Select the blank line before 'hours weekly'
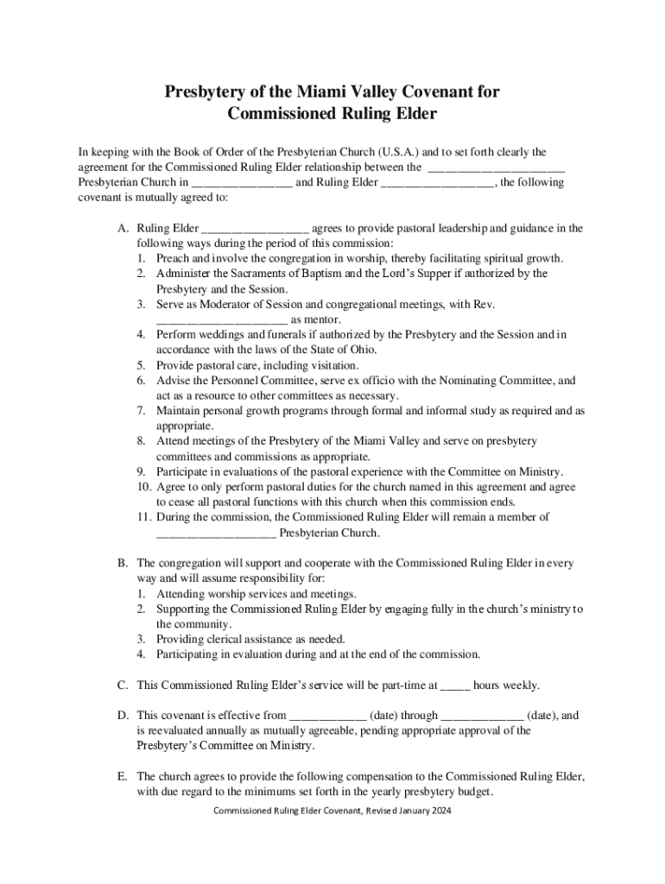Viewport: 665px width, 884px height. pos(455,686)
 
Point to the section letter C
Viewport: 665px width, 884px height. pos(123,685)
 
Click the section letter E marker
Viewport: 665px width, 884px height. pos(123,776)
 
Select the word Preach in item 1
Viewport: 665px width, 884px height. pos(173,258)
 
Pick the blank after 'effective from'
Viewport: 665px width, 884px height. pos(327,716)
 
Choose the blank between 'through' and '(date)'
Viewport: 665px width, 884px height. pos(482,716)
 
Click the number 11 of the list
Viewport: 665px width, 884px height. pos(144,517)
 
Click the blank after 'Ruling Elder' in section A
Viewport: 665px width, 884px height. pos(255,229)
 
